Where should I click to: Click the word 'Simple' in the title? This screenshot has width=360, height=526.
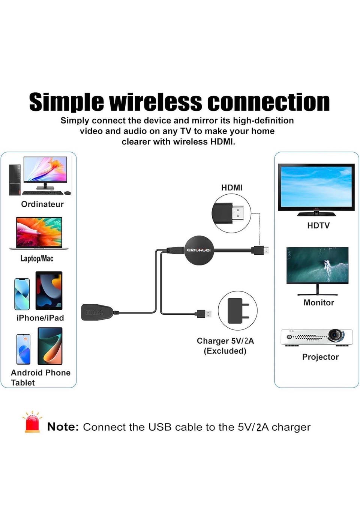66,102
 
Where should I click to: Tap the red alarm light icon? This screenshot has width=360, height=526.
32,422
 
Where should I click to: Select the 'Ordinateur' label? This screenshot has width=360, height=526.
42,204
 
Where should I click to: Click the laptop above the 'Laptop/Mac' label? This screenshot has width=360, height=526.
39,233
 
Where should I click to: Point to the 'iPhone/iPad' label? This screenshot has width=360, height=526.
40,318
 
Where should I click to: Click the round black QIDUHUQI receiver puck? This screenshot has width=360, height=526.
199,250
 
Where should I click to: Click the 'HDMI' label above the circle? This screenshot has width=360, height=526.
232,188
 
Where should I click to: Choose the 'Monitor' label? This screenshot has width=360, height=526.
319,303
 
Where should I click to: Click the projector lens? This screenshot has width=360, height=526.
335,334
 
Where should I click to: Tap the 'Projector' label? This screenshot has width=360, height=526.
320,357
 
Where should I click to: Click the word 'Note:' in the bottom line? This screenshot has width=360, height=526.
63,427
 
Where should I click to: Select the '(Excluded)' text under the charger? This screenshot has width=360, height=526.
225,351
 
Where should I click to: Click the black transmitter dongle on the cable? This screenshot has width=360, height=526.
97,312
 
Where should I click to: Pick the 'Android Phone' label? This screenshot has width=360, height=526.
40,373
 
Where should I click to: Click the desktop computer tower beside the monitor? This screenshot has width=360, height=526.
15,180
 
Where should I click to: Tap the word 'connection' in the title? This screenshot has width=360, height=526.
268,102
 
